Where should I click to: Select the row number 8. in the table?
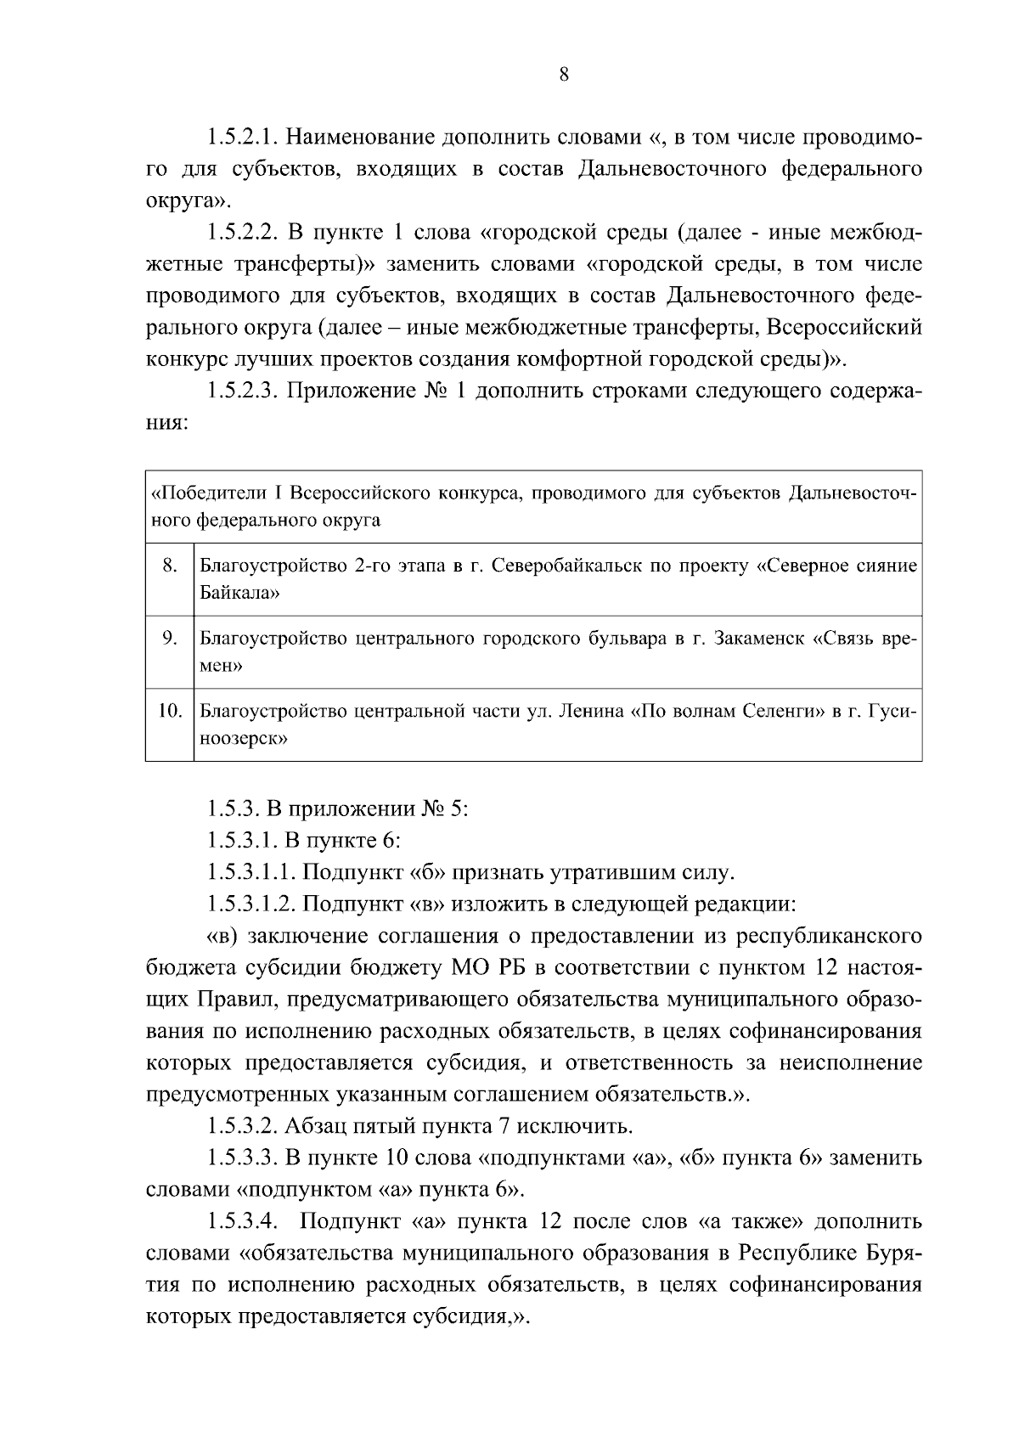point(169,566)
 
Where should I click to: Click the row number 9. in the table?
point(169,639)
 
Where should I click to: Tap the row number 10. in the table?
point(171,711)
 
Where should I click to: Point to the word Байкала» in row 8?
point(239,593)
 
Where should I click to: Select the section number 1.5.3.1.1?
point(251,872)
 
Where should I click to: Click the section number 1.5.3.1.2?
point(251,904)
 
